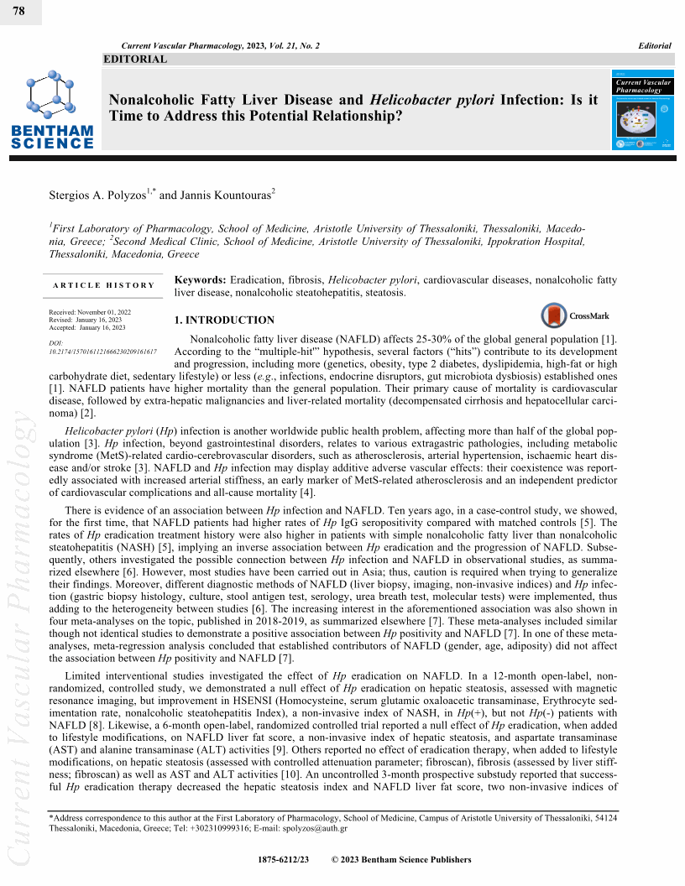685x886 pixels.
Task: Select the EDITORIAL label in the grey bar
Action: (x=135, y=59)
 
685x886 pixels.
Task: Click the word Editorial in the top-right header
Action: (x=655, y=45)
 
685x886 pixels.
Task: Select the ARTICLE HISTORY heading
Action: (x=103, y=285)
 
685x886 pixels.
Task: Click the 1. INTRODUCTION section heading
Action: (x=223, y=320)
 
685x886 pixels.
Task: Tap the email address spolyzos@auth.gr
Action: (x=316, y=828)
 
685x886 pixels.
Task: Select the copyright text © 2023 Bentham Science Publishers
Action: (x=401, y=859)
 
